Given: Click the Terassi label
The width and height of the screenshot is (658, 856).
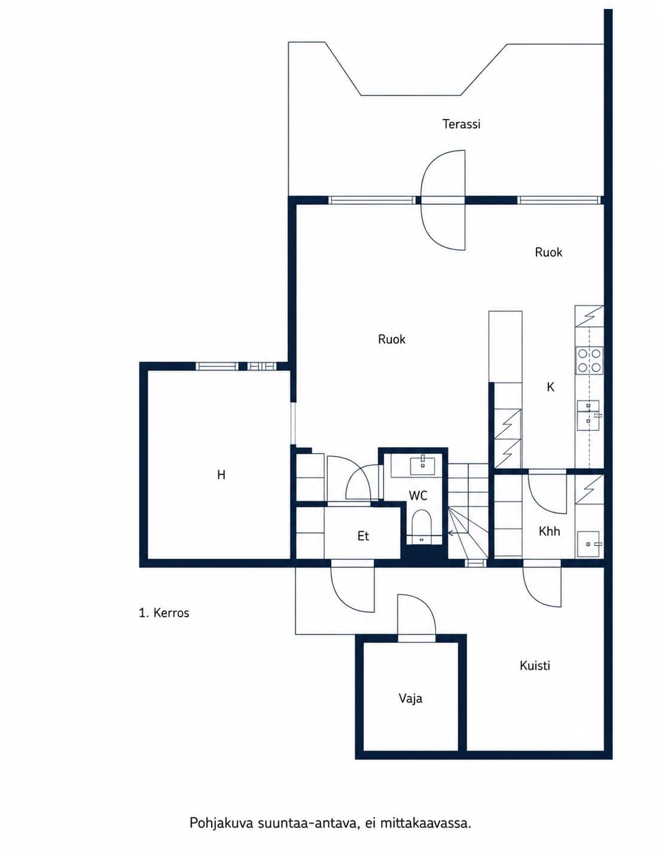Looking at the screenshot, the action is [461, 124].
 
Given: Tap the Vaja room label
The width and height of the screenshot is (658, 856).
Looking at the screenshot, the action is [410, 699].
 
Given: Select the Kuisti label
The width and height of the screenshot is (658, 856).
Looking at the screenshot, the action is [534, 666].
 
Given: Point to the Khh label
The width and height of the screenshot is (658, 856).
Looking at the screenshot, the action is [549, 532].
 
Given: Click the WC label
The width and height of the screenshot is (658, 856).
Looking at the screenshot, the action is [418, 496].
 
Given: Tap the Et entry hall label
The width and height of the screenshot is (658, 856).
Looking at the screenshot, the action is [363, 536].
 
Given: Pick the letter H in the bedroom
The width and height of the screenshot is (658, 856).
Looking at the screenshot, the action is [221, 475].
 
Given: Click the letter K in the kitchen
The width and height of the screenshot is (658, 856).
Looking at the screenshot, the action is [550, 387].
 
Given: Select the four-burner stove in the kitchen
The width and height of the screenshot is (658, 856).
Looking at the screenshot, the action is [589, 360].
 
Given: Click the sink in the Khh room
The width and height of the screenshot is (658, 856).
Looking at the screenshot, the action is [588, 544].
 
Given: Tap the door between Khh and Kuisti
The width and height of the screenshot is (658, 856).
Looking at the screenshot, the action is [542, 585].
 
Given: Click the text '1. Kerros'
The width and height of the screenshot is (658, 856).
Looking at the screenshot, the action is [164, 613].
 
